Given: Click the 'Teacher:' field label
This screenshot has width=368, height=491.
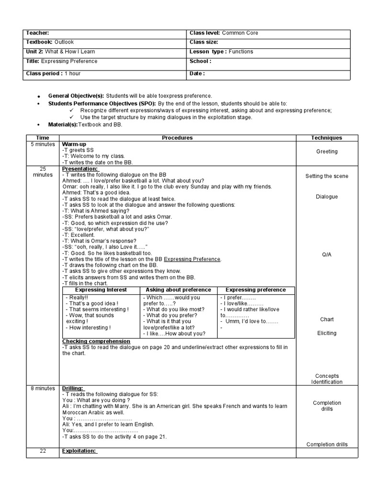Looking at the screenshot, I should pyautogui.click(x=37, y=33).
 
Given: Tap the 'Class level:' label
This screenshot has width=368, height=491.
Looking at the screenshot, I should pyautogui.click(x=205, y=33).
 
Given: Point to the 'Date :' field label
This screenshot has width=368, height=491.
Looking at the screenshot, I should pyautogui.click(x=197, y=74).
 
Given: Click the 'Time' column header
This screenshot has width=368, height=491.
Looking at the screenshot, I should pyautogui.click(x=43, y=138).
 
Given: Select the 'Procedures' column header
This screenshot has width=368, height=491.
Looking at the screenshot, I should pyautogui.click(x=177, y=138).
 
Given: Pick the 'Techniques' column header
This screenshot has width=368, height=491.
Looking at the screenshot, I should pyautogui.click(x=326, y=138).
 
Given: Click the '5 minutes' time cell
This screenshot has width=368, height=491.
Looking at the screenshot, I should pyautogui.click(x=43, y=144).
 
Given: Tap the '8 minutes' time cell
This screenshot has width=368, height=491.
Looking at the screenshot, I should pyautogui.click(x=43, y=388).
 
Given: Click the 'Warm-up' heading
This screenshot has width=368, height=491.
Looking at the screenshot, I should pyautogui.click(x=74, y=144).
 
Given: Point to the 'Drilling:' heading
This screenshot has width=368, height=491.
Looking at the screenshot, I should pyautogui.click(x=73, y=388).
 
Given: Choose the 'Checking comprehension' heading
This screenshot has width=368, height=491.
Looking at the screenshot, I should pyautogui.click(x=96, y=341).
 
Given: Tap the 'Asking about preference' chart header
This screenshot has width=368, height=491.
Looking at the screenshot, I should pyautogui.click(x=178, y=290).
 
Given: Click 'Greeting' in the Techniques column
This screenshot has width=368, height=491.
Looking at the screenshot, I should pyautogui.click(x=326, y=152).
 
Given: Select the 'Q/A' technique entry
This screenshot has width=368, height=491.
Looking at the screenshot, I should pyautogui.click(x=326, y=255).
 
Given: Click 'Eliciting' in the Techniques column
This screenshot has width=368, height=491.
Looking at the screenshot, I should pyautogui.click(x=326, y=333).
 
